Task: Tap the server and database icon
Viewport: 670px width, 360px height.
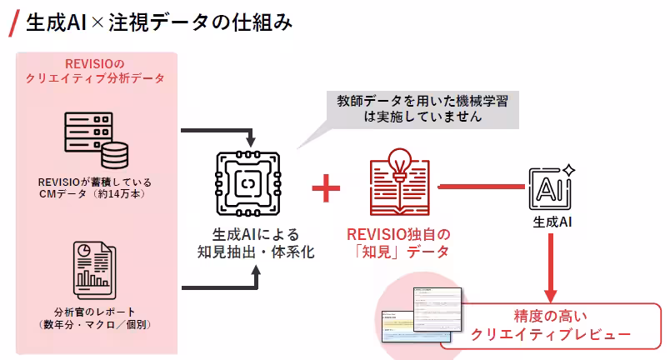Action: (x=92, y=139)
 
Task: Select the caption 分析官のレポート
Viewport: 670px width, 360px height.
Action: (x=94, y=317)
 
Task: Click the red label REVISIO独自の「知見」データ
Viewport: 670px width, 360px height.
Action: (x=398, y=242)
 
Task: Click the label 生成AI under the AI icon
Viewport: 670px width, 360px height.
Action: (x=552, y=223)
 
